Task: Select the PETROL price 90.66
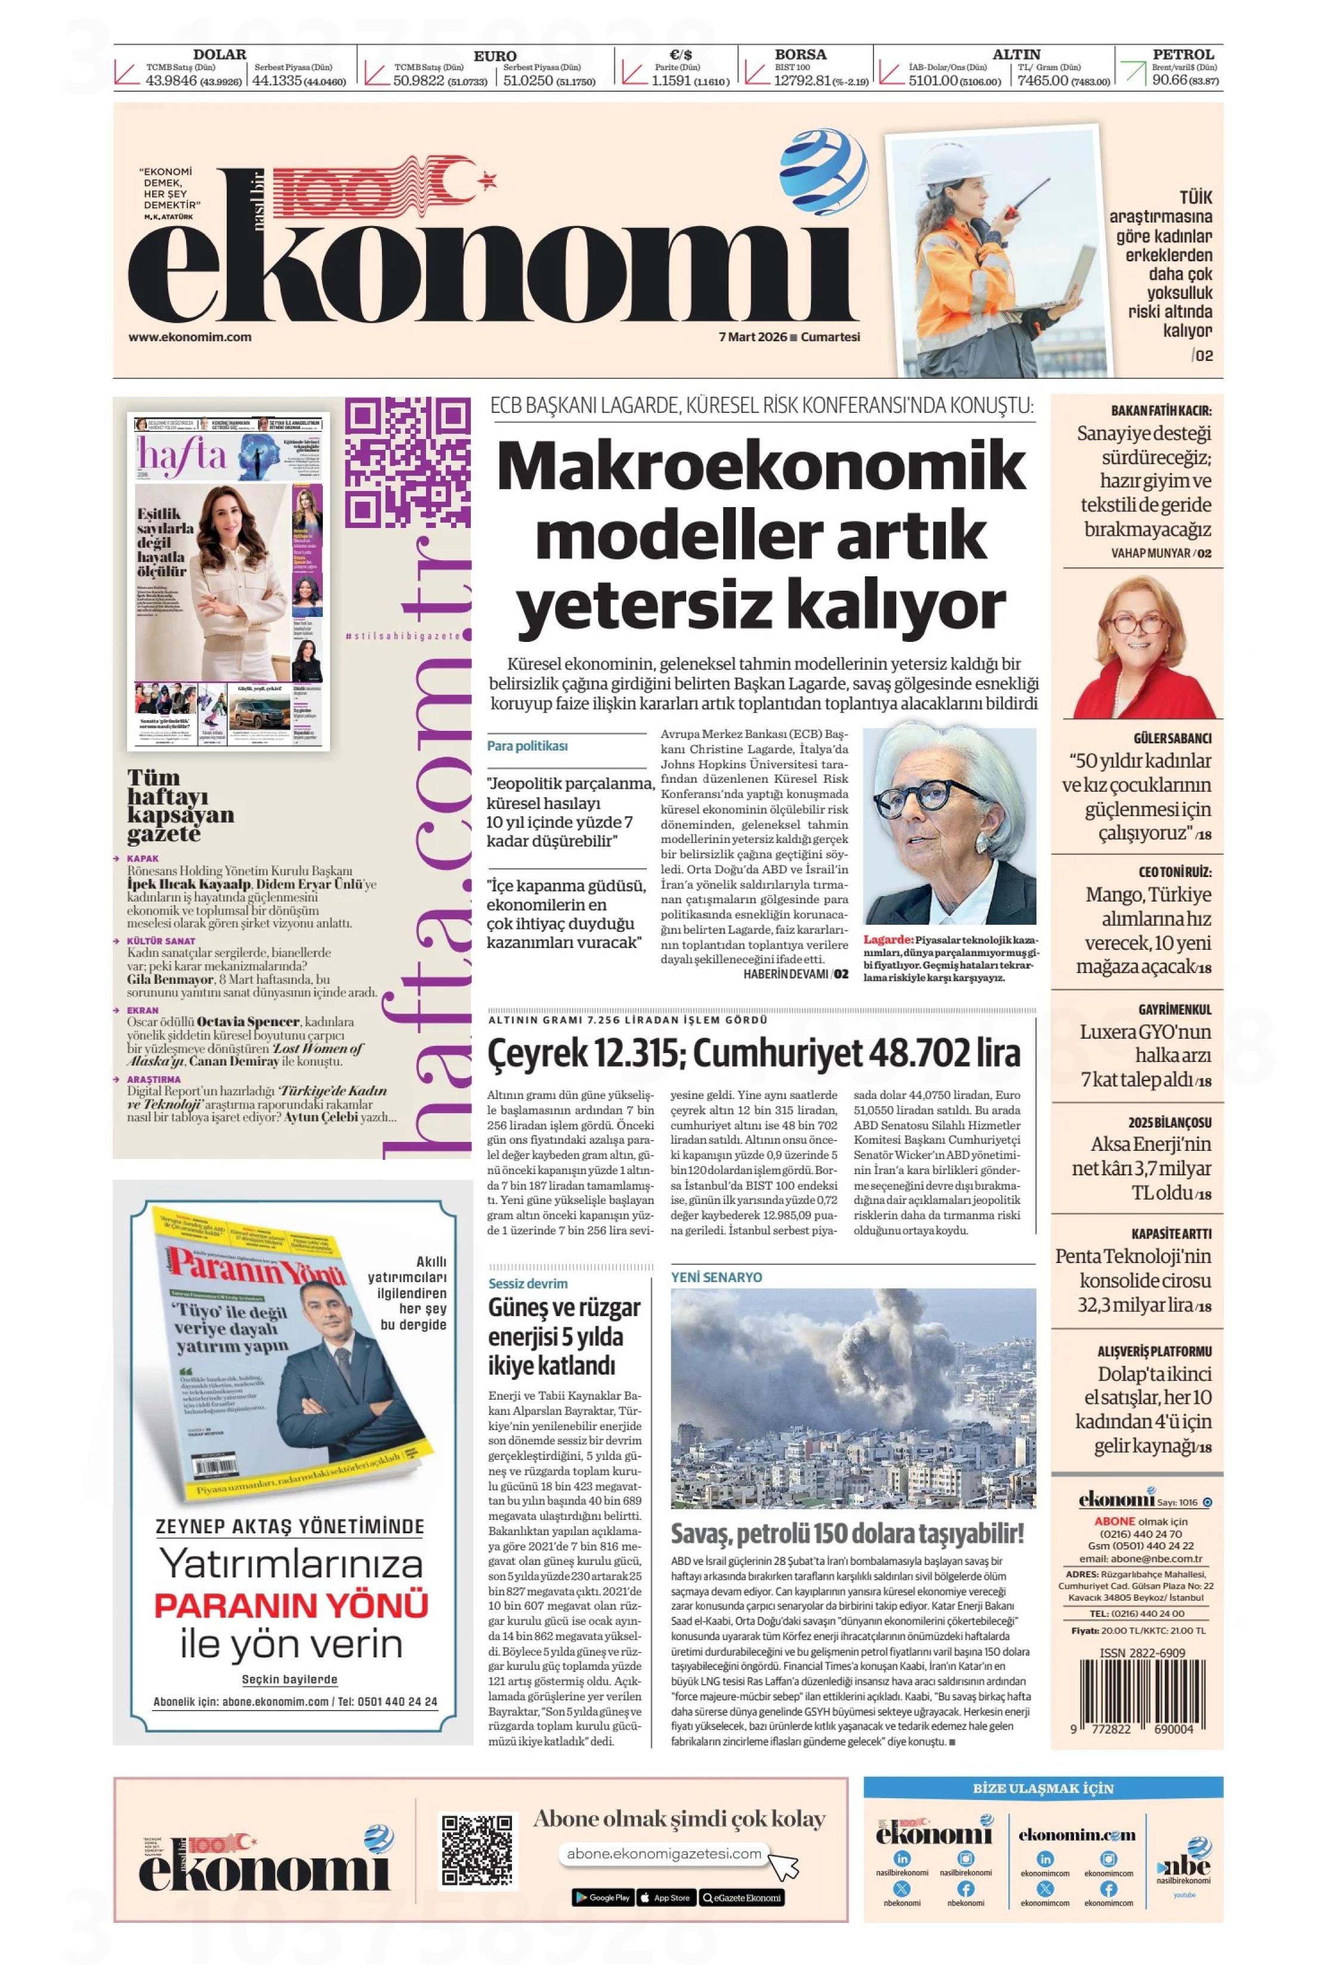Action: (x=1169, y=81)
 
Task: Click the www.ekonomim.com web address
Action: (x=190, y=336)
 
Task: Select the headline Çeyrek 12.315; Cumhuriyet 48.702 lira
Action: (x=753, y=1054)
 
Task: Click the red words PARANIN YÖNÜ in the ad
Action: (x=291, y=1605)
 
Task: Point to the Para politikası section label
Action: (x=527, y=746)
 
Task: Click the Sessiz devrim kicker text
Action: (x=528, y=1283)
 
